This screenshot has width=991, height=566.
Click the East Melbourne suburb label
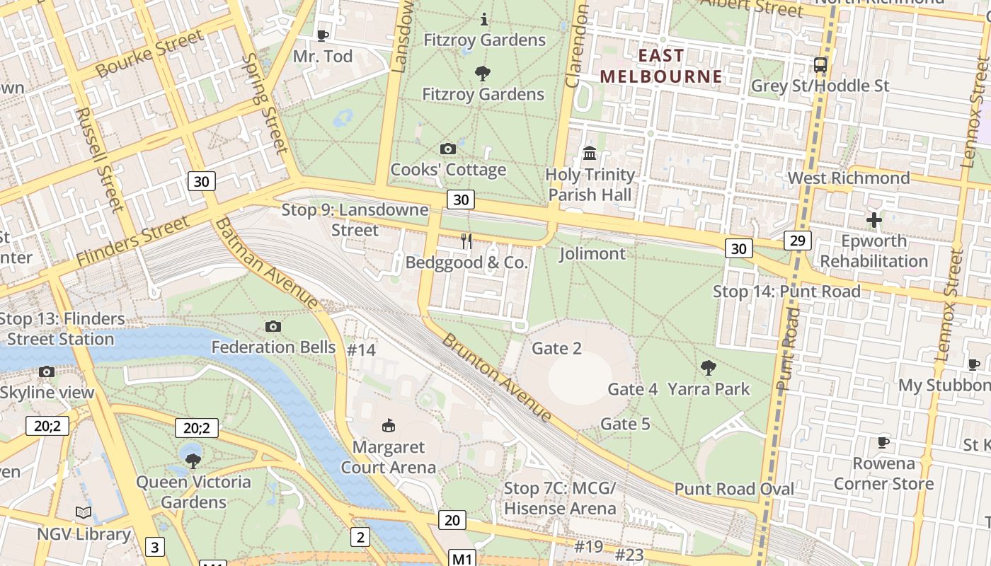pyautogui.click(x=661, y=66)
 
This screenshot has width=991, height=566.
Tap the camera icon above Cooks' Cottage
pyautogui.click(x=448, y=149)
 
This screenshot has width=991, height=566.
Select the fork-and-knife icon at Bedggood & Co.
pyautogui.click(x=466, y=241)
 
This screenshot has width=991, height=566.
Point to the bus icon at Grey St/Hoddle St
pyautogui.click(x=820, y=65)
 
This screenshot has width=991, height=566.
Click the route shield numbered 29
pyautogui.click(x=797, y=241)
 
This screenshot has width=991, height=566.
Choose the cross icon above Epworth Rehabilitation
pyautogui.click(x=874, y=220)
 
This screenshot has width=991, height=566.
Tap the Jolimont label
pyautogui.click(x=592, y=253)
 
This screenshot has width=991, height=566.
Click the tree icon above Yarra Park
pyautogui.click(x=708, y=367)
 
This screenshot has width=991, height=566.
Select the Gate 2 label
pyautogui.click(x=556, y=348)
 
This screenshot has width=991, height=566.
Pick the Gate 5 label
pyautogui.click(x=625, y=424)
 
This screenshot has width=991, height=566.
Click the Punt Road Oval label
pyautogui.click(x=734, y=489)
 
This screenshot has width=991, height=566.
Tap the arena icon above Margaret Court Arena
pyautogui.click(x=388, y=426)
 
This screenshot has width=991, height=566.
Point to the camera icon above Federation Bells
pyautogui.click(x=273, y=326)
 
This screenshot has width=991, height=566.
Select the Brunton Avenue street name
pyautogui.click(x=496, y=377)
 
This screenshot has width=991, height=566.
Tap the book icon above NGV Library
pyautogui.click(x=84, y=513)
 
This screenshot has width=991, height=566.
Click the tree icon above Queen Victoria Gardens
pyautogui.click(x=193, y=461)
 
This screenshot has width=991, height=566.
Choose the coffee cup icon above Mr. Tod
pyautogui.click(x=323, y=35)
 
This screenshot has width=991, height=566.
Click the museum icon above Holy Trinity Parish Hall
pyautogui.click(x=590, y=153)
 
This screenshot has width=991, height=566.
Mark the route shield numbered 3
pyautogui.click(x=155, y=546)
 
